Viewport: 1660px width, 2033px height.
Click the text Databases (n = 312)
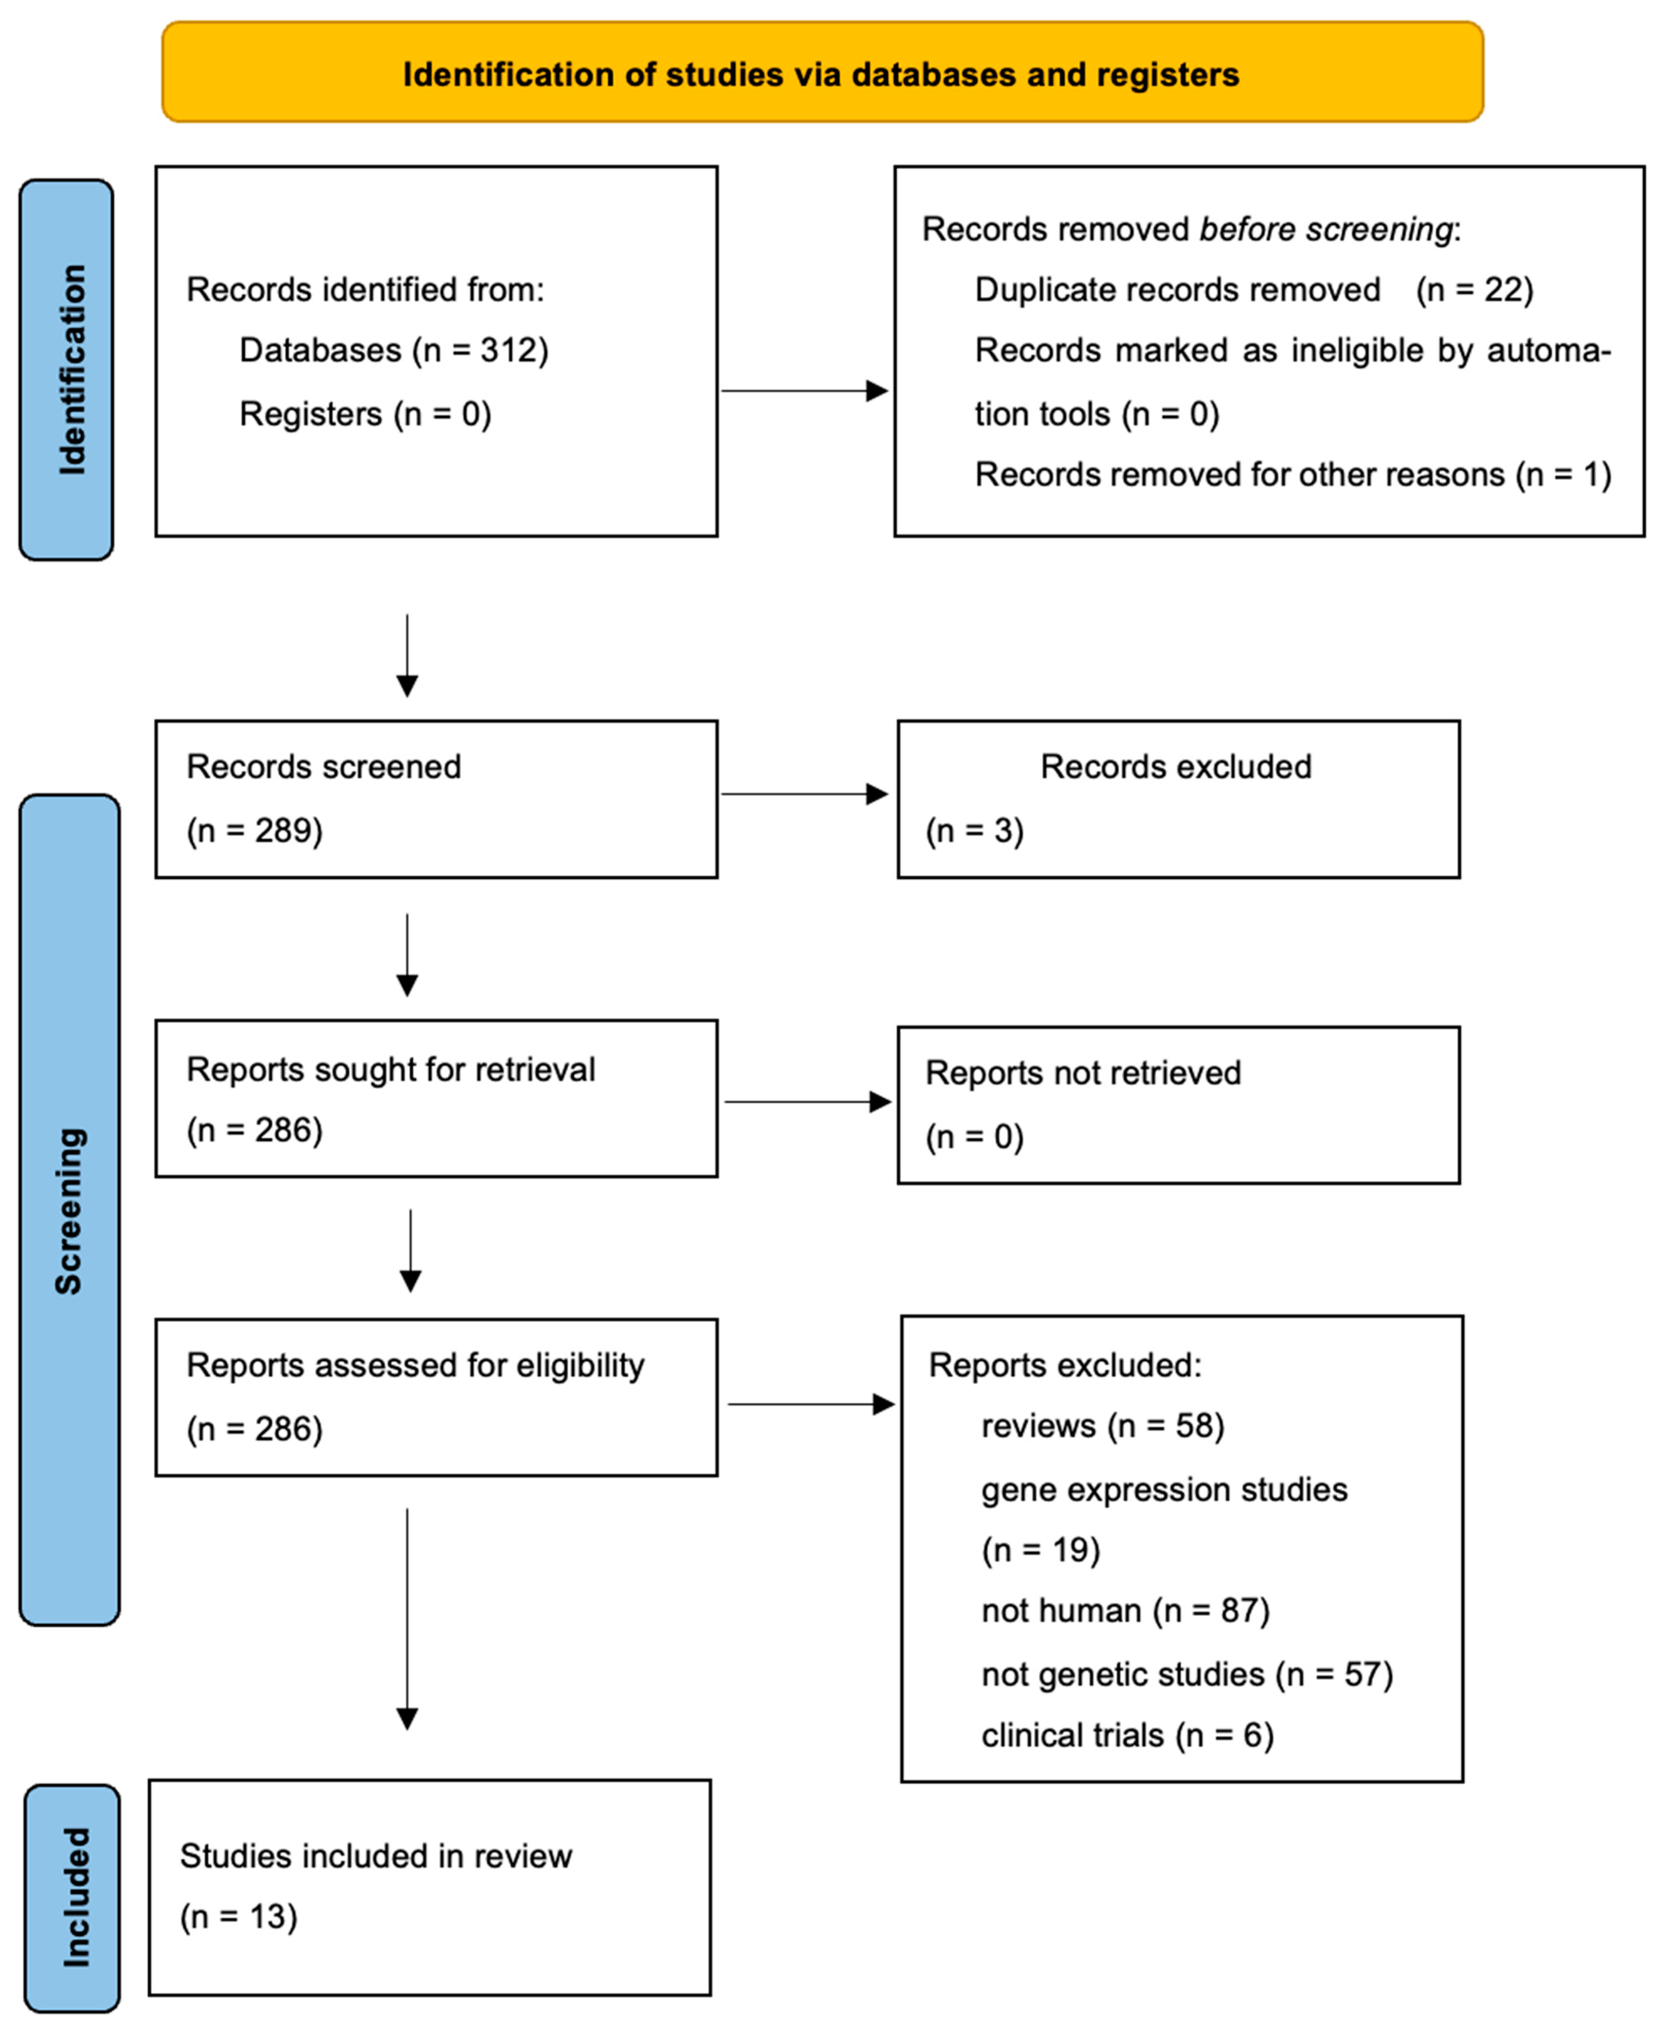[x=393, y=350]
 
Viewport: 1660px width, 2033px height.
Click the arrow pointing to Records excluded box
[x=803, y=794]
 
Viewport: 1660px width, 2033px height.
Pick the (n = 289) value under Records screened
[x=254, y=830]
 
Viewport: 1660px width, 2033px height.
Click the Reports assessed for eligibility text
[x=415, y=1366]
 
